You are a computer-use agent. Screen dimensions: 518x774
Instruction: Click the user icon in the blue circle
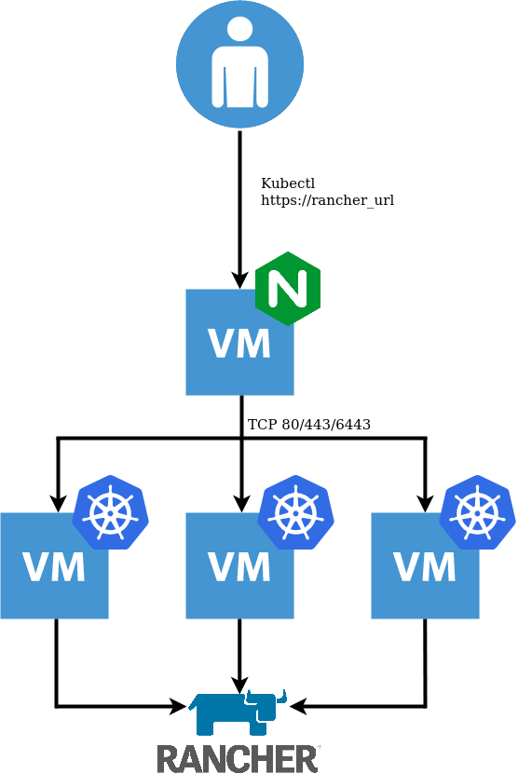click(240, 64)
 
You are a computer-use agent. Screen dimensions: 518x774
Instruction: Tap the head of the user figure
click(240, 31)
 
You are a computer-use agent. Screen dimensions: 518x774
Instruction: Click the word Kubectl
click(288, 183)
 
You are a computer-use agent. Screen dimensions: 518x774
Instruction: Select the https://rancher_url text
click(327, 200)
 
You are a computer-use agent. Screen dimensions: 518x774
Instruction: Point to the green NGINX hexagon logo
click(288, 289)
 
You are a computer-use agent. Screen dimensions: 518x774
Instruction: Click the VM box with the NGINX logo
click(240, 342)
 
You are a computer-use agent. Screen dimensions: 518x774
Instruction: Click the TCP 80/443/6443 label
click(309, 425)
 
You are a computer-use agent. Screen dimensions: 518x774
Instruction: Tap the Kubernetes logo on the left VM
click(111, 512)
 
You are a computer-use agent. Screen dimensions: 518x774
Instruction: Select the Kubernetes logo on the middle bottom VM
click(295, 512)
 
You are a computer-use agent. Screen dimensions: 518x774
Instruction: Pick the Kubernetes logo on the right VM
click(478, 512)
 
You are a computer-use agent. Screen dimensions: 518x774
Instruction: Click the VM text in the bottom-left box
click(54, 567)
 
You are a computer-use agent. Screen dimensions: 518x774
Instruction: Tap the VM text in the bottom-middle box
click(239, 567)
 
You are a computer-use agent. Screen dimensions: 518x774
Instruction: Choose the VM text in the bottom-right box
click(425, 567)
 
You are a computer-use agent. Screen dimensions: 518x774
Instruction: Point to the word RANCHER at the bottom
click(237, 759)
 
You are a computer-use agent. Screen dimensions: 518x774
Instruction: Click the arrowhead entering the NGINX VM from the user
click(240, 279)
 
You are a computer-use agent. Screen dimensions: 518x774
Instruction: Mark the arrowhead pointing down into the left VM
click(58, 504)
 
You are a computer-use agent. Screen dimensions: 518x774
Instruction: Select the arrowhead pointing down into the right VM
click(425, 504)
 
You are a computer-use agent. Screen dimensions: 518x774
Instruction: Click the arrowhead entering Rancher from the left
click(179, 706)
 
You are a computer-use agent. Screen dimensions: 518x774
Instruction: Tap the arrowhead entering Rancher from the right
click(299, 706)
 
